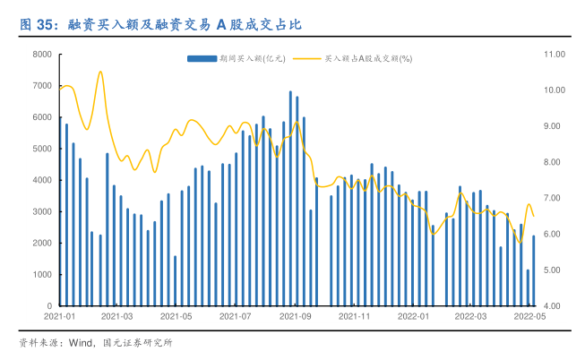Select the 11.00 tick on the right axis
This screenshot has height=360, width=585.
click(x=555, y=55)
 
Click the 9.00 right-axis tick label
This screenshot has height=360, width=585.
click(x=553, y=126)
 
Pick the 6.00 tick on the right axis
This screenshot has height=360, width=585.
click(x=553, y=235)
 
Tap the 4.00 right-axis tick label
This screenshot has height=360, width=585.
click(x=553, y=306)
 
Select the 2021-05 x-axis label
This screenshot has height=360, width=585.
click(x=176, y=316)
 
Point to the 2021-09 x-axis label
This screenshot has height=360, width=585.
click(x=295, y=316)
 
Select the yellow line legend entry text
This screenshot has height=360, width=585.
click(x=367, y=59)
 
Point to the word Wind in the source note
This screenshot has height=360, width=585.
click(x=83, y=342)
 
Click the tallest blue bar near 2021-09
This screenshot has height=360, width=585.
click(x=290, y=198)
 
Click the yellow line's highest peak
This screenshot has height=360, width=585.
click(x=99, y=72)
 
